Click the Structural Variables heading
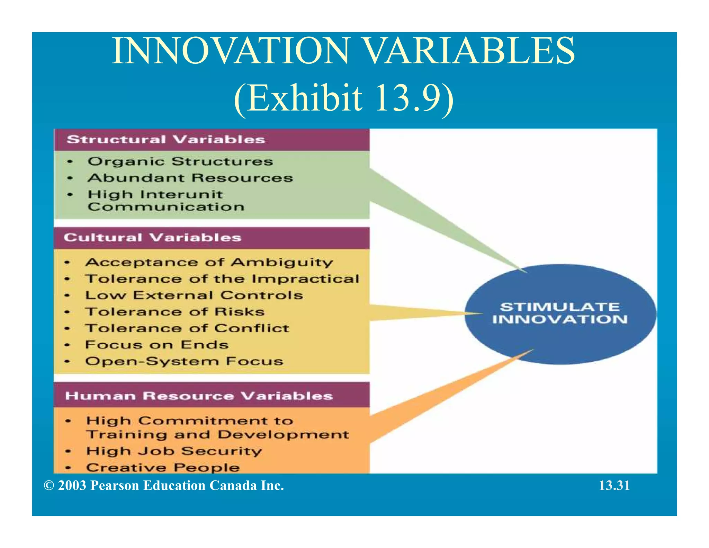(x=166, y=140)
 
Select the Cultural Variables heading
(x=152, y=238)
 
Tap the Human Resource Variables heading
(x=199, y=396)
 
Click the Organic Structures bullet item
(x=180, y=161)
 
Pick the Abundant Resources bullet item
(x=190, y=178)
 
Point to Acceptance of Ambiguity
(x=209, y=262)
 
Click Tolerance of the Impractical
(x=222, y=279)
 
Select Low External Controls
(x=194, y=295)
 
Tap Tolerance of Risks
(x=175, y=312)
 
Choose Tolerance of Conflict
(x=187, y=328)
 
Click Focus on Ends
(x=157, y=345)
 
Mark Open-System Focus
(x=184, y=361)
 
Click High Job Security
(x=174, y=451)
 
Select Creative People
(x=163, y=467)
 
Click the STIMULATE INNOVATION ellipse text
(x=560, y=313)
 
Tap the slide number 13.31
(x=614, y=485)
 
